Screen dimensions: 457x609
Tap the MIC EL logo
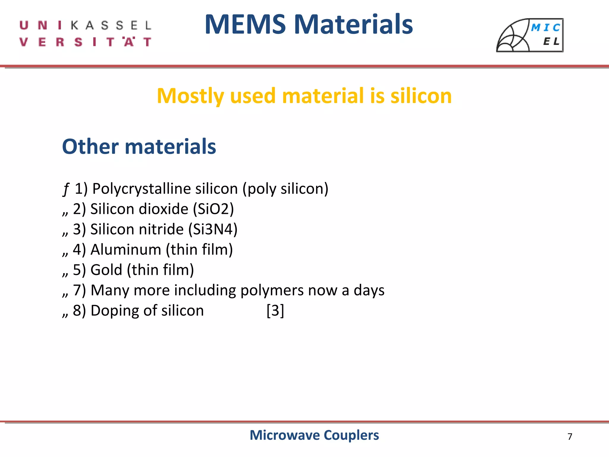[x=530, y=35]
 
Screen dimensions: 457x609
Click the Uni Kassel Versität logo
[x=86, y=33]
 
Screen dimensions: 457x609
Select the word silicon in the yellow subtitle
[x=421, y=96]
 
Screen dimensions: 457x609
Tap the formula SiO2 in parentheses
[x=214, y=209]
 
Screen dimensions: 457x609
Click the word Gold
[x=106, y=270]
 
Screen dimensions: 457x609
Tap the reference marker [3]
[x=275, y=311]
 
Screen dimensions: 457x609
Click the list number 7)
[x=79, y=290]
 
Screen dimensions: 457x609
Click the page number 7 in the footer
[x=570, y=436]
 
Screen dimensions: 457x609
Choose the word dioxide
[x=164, y=209]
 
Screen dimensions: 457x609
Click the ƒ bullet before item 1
[x=66, y=189]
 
